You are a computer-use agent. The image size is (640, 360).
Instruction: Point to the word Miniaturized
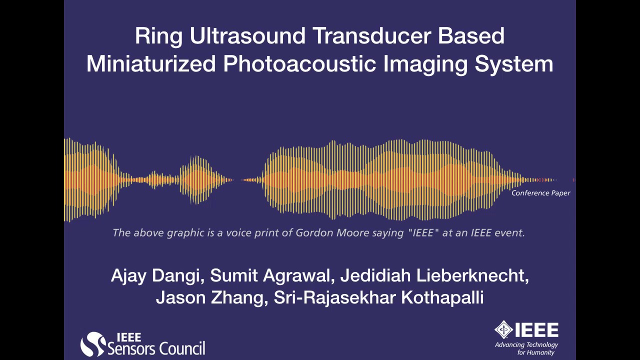(151, 64)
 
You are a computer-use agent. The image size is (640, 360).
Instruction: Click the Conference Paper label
(540, 193)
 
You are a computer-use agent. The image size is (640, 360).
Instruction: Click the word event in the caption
(509, 233)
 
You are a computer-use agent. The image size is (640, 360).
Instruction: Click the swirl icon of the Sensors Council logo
(93, 344)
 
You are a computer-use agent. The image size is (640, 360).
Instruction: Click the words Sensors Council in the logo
(156, 348)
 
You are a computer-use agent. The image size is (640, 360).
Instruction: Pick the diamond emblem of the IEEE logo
(503, 330)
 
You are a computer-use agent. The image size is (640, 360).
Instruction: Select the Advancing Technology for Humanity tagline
(526, 348)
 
